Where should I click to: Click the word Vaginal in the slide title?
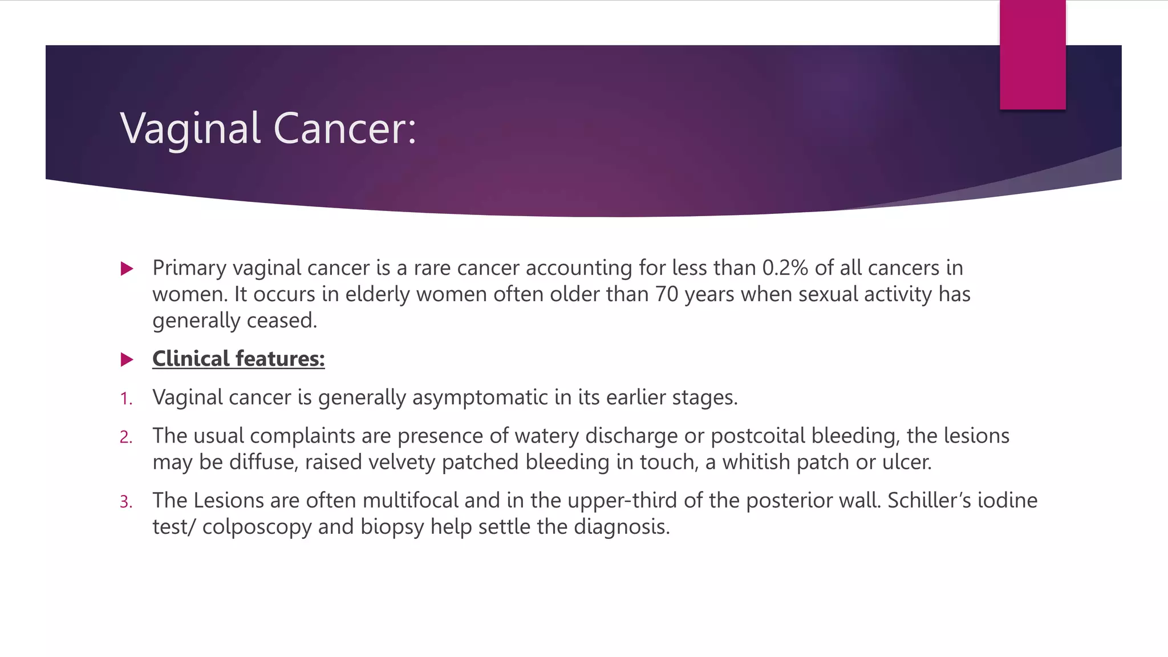(190, 129)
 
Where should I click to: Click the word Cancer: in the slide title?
(345, 129)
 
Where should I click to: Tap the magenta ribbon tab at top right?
(1032, 55)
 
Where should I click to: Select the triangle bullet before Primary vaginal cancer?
(127, 269)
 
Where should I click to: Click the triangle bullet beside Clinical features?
(127, 359)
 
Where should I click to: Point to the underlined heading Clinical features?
(238, 359)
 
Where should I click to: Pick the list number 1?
(126, 399)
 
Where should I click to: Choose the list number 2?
(126, 437)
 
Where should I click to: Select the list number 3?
(126, 502)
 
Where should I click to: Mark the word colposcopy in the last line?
(257, 527)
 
